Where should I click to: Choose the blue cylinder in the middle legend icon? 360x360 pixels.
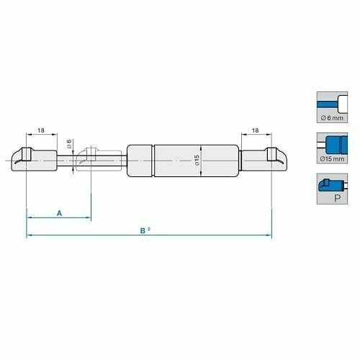tap(333, 142)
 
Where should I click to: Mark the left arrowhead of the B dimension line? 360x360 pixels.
tap(29, 235)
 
